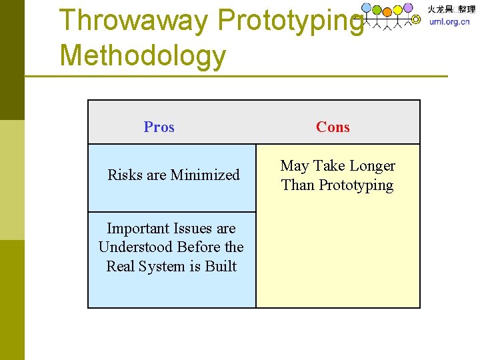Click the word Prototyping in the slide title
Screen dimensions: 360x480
[291, 20]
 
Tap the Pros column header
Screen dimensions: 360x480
[159, 127]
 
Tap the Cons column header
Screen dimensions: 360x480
[333, 127]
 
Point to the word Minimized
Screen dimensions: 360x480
[205, 175]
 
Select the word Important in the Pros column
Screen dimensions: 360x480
[137, 228]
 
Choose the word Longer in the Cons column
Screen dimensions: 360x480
[372, 165]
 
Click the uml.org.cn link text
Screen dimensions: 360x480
[449, 21]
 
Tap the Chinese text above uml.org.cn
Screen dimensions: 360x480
[451, 9]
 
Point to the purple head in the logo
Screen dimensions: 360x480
[408, 7]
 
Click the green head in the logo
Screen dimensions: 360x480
[377, 10]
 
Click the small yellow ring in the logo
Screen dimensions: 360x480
[416, 20]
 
